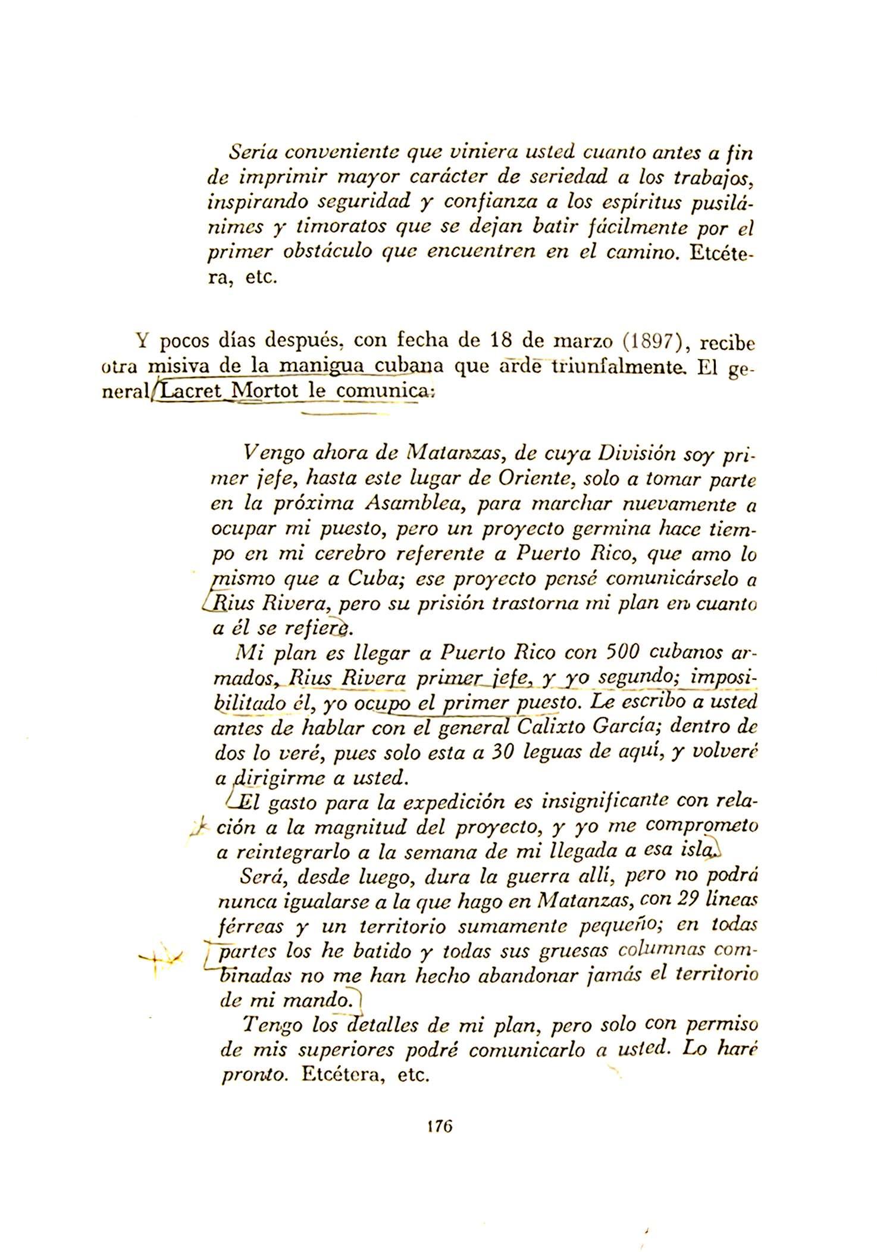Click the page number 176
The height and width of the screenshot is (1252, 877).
point(440,1126)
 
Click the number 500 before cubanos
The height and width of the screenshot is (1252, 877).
point(621,654)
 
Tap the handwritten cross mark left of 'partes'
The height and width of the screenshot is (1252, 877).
point(156,957)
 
